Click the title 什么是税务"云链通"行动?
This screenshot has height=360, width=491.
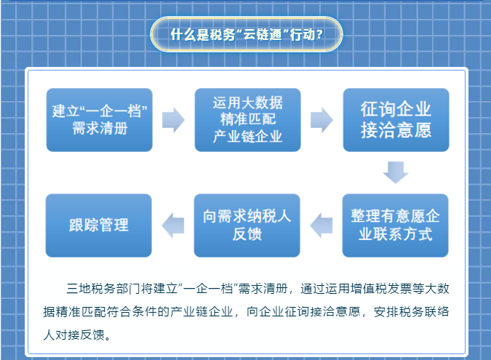(x=247, y=34)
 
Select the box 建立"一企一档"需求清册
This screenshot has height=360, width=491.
(x=100, y=120)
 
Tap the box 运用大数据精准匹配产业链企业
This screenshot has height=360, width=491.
(x=248, y=120)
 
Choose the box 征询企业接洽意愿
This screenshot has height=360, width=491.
(x=396, y=120)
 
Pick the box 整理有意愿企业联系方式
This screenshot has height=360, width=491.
(x=395, y=225)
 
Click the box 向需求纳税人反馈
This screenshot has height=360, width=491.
(x=247, y=225)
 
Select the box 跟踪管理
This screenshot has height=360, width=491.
(x=99, y=225)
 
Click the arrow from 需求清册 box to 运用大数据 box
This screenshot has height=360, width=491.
(x=173, y=120)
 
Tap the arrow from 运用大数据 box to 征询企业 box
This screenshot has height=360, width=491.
(x=322, y=120)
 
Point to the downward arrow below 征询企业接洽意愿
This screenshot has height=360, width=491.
(x=396, y=172)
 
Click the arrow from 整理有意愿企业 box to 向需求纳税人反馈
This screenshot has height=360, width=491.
(x=322, y=225)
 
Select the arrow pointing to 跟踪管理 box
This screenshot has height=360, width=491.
(x=173, y=225)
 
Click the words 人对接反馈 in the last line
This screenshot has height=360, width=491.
(x=74, y=335)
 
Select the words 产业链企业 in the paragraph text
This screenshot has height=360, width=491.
(x=202, y=312)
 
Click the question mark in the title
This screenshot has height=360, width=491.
(x=319, y=34)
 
